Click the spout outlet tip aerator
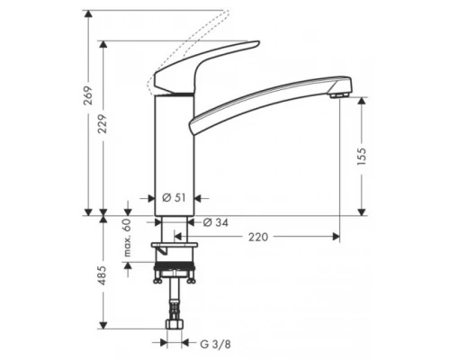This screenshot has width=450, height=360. (x=338, y=94)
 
